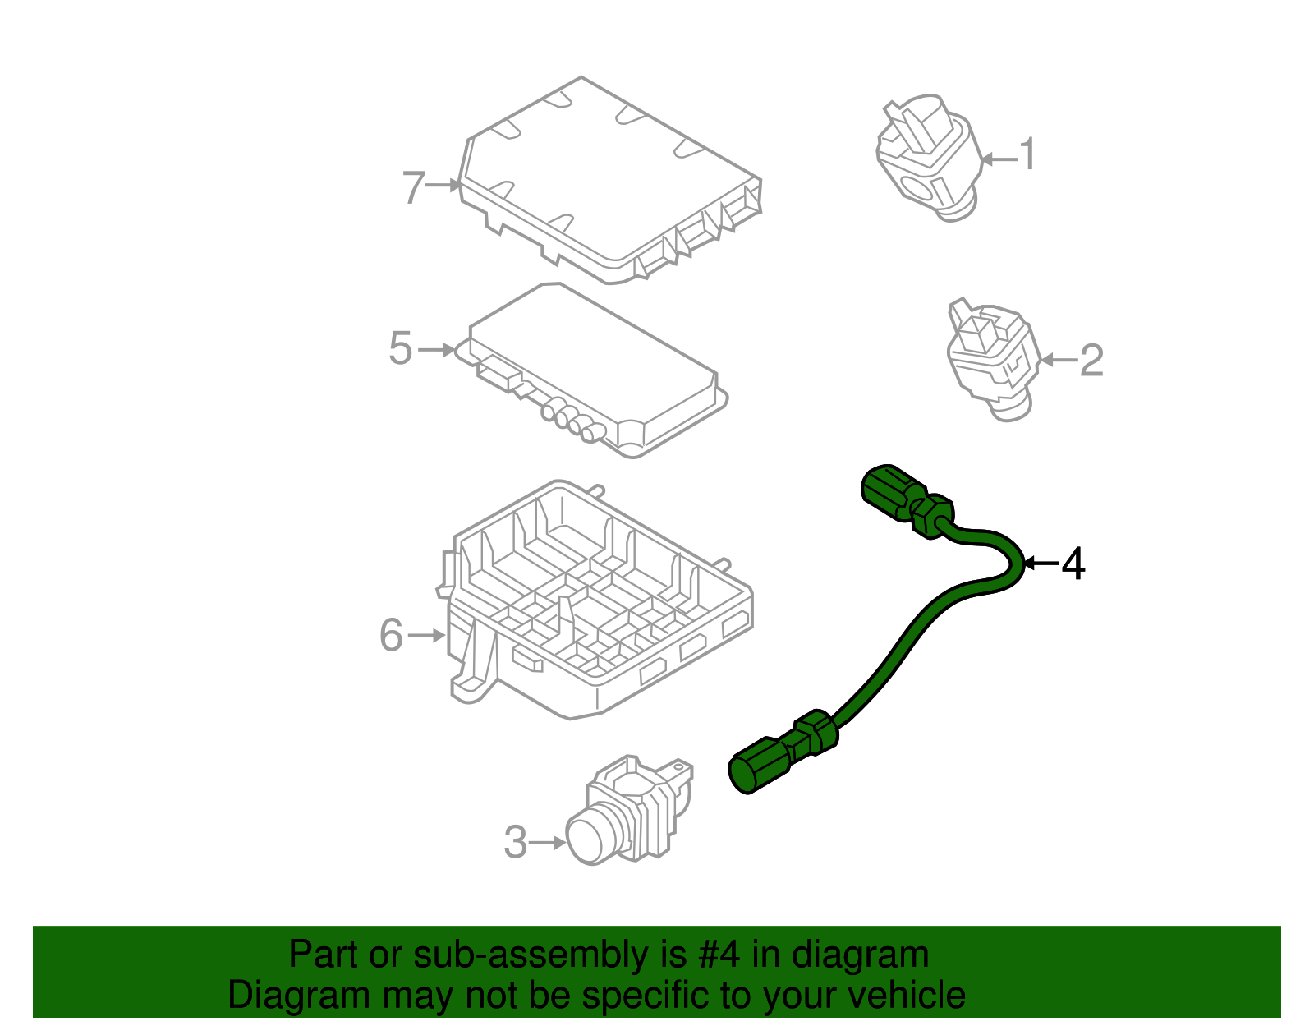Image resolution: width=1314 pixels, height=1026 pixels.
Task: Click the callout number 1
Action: click(x=1027, y=154)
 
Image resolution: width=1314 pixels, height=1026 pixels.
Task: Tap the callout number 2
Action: click(x=1091, y=360)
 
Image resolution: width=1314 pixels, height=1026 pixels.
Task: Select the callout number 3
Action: click(x=515, y=843)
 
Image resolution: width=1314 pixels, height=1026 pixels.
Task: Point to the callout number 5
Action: click(x=400, y=349)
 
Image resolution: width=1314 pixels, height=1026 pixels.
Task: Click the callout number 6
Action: click(x=391, y=636)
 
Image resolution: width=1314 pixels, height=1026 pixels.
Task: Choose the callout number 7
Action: click(x=414, y=187)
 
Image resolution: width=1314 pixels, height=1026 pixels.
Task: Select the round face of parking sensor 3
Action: click(x=589, y=836)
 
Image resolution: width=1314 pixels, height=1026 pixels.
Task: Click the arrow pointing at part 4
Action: click(x=1041, y=564)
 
